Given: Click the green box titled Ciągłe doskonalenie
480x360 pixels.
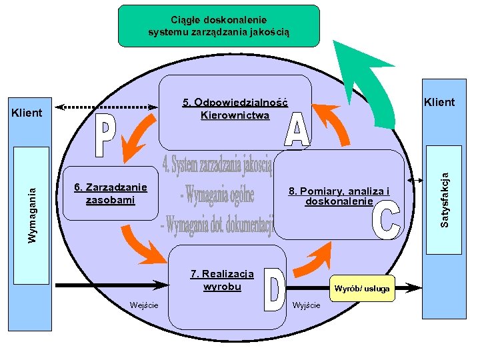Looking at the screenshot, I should click(219, 26).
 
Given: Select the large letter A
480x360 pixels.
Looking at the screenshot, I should click(297, 130).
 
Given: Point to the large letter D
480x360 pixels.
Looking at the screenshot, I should click(274, 290).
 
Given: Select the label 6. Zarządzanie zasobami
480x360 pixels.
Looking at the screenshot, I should click(111, 193).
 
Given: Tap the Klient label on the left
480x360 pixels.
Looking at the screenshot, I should click(27, 113).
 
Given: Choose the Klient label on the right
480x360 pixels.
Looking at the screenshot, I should click(439, 102).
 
